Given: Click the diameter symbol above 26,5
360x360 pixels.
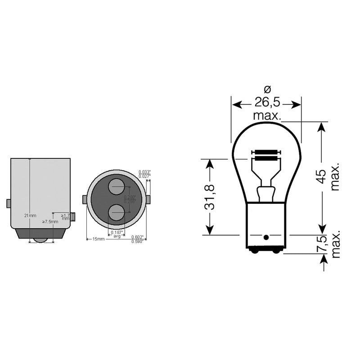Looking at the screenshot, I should click(x=266, y=88).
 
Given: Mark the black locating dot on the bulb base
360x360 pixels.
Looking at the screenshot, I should click(x=266, y=237).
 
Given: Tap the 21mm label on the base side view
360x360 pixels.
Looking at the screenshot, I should click(x=30, y=216).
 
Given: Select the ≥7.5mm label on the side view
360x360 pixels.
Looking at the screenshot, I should click(x=50, y=221).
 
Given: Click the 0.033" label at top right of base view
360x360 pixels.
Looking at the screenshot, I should click(x=144, y=172).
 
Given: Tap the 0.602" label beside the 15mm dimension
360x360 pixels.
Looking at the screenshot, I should click(x=137, y=238).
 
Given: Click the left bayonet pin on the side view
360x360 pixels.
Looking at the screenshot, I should click(x=9, y=203).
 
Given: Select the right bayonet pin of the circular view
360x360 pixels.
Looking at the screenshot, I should click(x=148, y=199).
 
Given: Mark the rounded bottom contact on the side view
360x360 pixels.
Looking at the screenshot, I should click(x=41, y=240).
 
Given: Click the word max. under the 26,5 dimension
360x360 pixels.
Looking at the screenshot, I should click(x=267, y=116).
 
